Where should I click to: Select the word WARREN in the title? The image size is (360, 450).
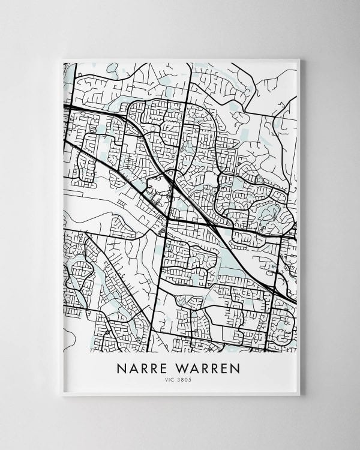pos(208,367)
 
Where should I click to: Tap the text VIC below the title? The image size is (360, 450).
pos(173,379)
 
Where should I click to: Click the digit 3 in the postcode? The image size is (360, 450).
pos(181,379)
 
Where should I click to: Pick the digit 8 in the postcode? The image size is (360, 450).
pos(184,379)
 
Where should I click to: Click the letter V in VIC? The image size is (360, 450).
pos(170,379)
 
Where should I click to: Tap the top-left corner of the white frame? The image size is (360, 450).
pos(62,59)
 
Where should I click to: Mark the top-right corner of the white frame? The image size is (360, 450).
pos(299,59)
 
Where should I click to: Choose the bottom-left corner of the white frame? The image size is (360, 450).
pos(62,395)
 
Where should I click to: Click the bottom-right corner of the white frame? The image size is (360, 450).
pos(299,395)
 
